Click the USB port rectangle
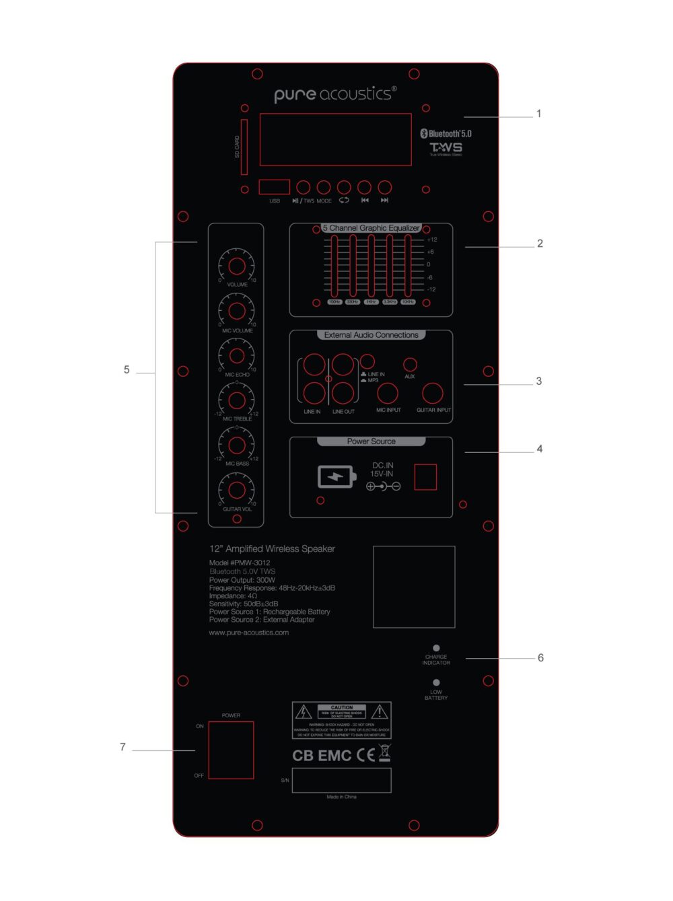[x=274, y=187]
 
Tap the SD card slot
[x=244, y=147]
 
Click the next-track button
[x=384, y=187]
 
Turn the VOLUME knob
[x=237, y=266]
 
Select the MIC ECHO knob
[x=237, y=355]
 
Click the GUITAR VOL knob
[x=237, y=489]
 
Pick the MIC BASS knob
[x=237, y=445]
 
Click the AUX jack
[x=410, y=365]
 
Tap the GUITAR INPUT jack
[x=433, y=393]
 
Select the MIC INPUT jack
[x=388, y=393]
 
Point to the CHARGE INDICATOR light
[x=436, y=648]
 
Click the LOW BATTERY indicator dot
[x=436, y=682]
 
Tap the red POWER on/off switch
[x=231, y=750]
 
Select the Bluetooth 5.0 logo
[x=446, y=133]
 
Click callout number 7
[x=122, y=747]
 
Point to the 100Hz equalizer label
[x=334, y=302]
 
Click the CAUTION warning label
[x=342, y=720]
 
